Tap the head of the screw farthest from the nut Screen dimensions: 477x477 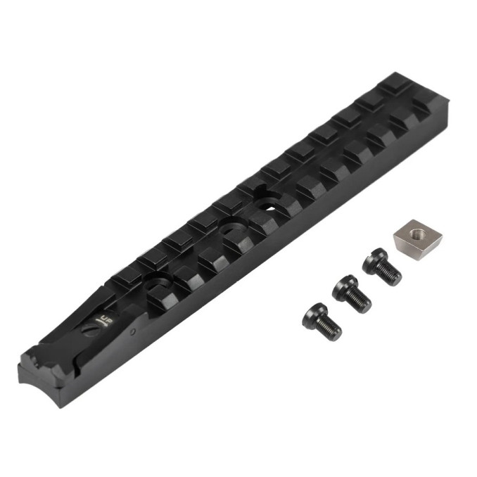pyautogui.click(x=313, y=314)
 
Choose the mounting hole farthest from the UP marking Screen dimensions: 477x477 pyautogui.click(x=268, y=205)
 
